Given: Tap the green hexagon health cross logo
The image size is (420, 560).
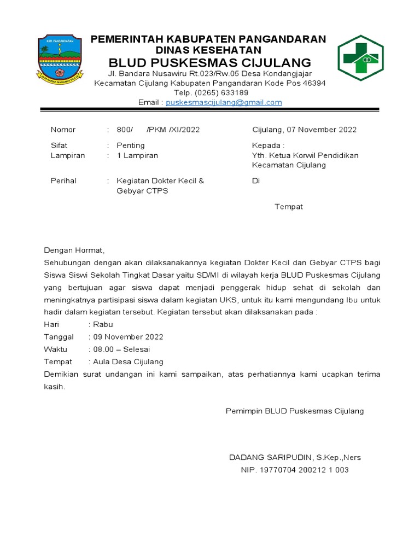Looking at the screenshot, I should (x=360, y=58).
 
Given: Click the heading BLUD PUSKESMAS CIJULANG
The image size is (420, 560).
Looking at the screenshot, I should (x=209, y=62).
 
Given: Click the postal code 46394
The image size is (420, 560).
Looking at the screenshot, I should (x=314, y=84).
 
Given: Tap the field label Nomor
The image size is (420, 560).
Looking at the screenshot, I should (x=63, y=130).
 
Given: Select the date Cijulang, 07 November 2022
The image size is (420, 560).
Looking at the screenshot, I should (x=304, y=130).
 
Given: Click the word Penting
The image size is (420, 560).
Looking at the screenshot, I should (x=131, y=145).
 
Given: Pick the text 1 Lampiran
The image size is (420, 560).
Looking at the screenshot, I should (x=137, y=155).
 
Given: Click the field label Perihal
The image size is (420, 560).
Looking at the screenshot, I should (x=63, y=181).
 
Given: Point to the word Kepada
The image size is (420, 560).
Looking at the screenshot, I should (x=267, y=145).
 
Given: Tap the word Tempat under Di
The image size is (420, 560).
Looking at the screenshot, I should (x=288, y=207).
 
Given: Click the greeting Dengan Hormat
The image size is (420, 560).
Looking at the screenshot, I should (x=73, y=250).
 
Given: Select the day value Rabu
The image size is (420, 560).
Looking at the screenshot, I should (x=103, y=324).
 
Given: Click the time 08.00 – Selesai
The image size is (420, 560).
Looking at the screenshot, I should (x=122, y=349).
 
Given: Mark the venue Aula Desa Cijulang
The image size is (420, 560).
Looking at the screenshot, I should (x=128, y=362).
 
